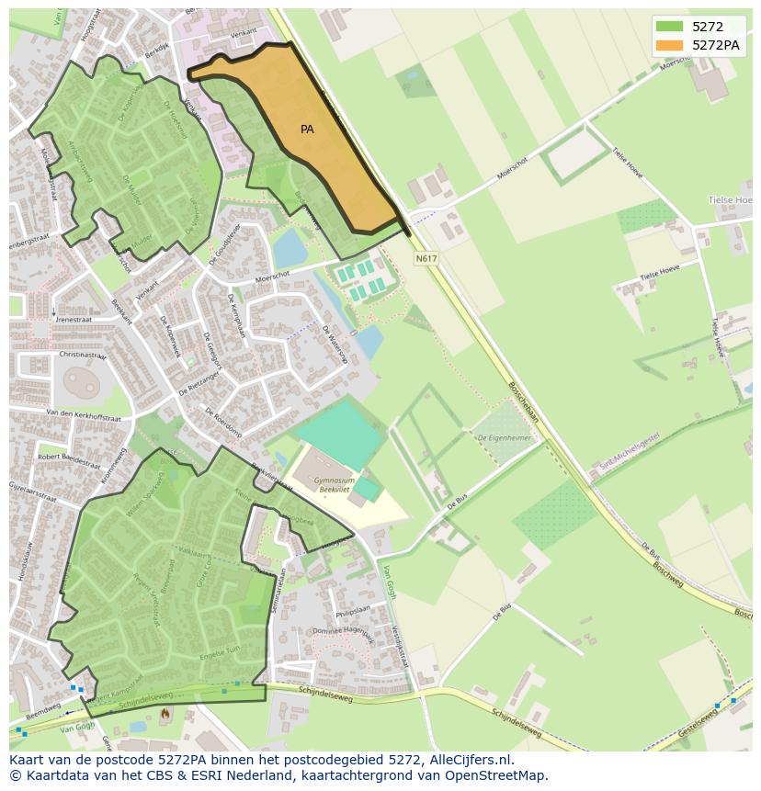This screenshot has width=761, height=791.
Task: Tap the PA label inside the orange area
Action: pyautogui.click(x=307, y=130)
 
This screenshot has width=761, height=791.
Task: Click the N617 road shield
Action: pyautogui.click(x=426, y=259)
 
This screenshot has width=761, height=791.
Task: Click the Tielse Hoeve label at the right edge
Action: pyautogui.click(x=731, y=199)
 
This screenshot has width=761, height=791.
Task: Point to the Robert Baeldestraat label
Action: pyautogui.click(x=69, y=460)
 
